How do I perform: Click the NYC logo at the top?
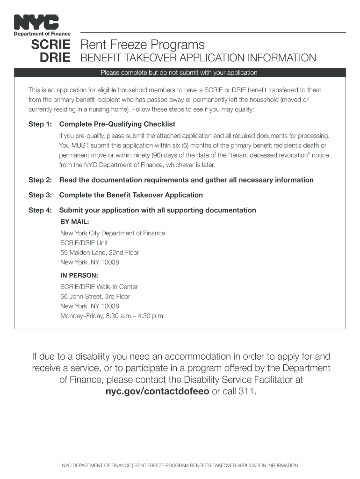coord(36,22)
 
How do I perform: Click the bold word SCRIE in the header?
coord(50,45)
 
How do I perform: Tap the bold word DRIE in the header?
coord(55,58)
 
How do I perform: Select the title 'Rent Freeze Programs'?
coord(143,45)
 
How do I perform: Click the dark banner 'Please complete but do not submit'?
coord(180,73)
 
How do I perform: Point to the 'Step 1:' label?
coord(40,124)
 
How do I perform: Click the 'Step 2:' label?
coord(40,180)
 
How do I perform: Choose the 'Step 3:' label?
coord(40,195)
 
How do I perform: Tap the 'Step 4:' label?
coord(40,210)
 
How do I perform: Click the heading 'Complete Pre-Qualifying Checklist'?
coord(117,124)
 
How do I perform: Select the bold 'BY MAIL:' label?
coord(75,222)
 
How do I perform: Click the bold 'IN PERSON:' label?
coord(79,276)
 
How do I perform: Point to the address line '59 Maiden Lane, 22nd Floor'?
coord(100,253)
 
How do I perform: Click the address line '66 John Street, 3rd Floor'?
coord(95,297)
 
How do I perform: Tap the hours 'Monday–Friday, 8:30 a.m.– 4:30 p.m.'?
coord(113,316)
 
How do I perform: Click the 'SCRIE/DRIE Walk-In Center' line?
coord(99,287)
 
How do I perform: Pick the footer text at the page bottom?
coord(180,465)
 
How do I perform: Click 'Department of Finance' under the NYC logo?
coord(42,34)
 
